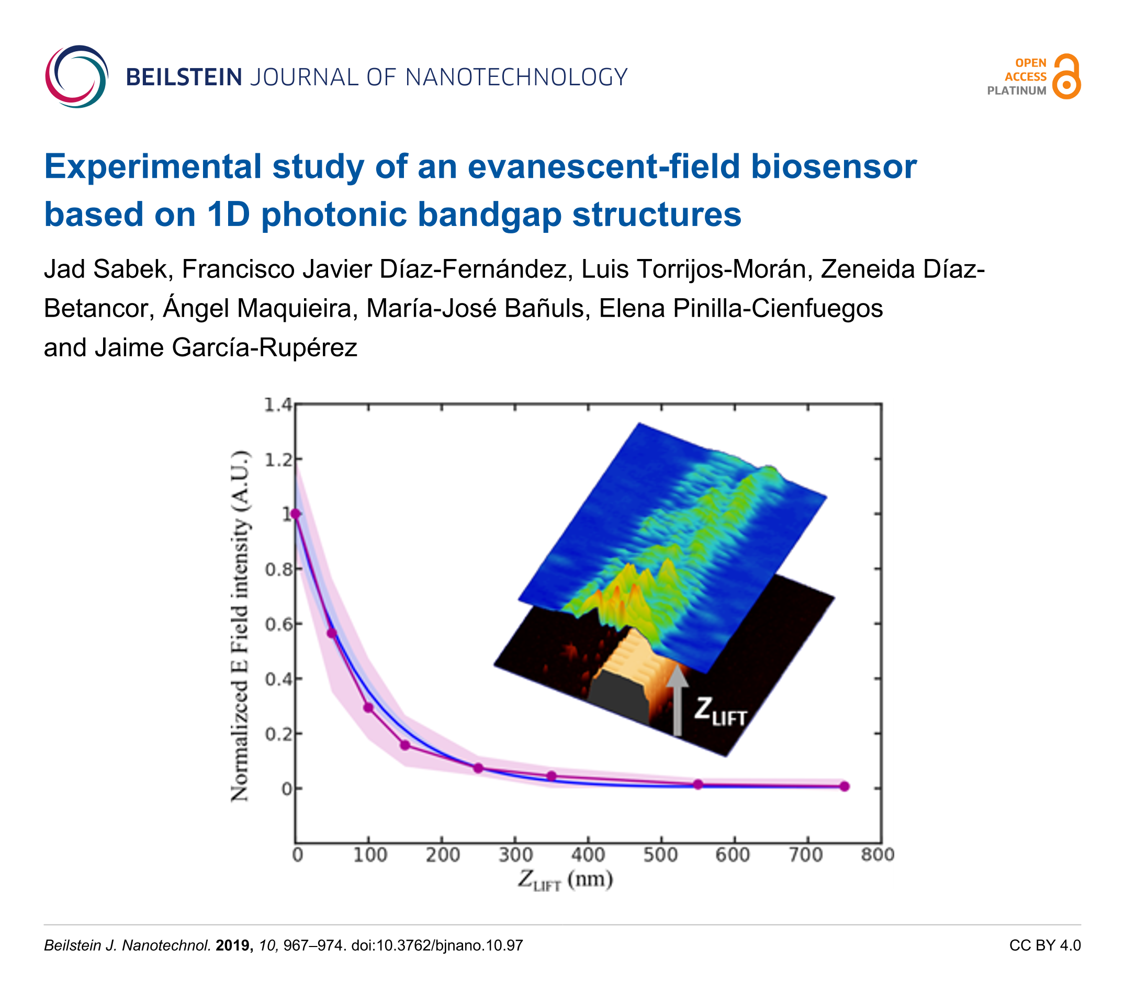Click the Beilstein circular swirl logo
click(76, 76)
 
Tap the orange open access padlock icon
click(1066, 76)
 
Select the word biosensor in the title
click(834, 166)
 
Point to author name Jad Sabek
click(105, 269)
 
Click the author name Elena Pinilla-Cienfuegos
click(741, 309)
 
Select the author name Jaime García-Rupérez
click(226, 348)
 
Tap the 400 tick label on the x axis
click(588, 855)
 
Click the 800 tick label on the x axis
click(878, 855)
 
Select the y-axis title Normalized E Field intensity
click(240, 625)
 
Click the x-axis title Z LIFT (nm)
click(565, 880)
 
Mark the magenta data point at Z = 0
click(296, 514)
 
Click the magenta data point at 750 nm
click(845, 786)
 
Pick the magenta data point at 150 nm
click(405, 745)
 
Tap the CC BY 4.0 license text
click(1044, 945)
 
